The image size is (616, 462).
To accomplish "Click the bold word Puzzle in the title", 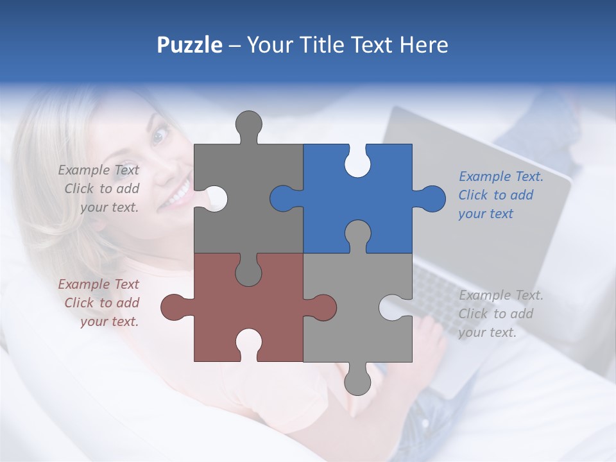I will [189, 45].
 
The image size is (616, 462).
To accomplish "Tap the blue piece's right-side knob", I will [432, 198].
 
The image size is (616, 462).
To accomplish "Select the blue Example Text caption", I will [501, 195].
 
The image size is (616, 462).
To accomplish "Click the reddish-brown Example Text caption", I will [99, 303].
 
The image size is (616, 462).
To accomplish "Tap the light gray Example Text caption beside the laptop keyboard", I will [501, 314].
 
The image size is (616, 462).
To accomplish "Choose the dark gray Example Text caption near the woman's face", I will [99, 189].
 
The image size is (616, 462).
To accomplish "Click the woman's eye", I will [159, 135].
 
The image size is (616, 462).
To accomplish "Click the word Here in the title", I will [423, 45].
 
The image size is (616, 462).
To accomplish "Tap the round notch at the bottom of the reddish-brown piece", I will [248, 343].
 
